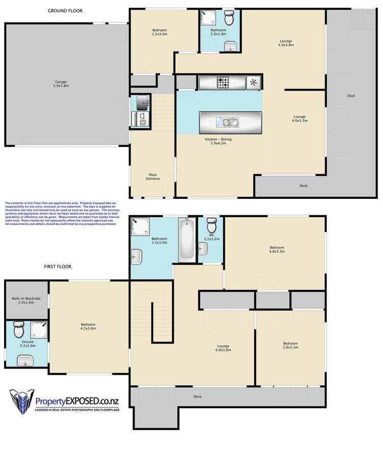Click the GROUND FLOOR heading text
pyautogui.click(x=65, y=11)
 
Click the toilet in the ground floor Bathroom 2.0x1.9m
pyautogui.click(x=229, y=19)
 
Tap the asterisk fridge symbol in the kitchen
pyautogui.click(x=253, y=81)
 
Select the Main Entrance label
pyautogui.click(x=153, y=176)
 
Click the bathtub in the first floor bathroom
pyautogui.click(x=186, y=239)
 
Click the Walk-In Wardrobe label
pyautogui.click(x=26, y=301)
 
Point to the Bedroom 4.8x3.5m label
pyautogui.click(x=276, y=249)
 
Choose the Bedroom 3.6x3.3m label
pyautogui.click(x=291, y=345)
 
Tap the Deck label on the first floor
pyautogui.click(x=198, y=396)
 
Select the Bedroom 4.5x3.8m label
pyautogui.click(x=88, y=326)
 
